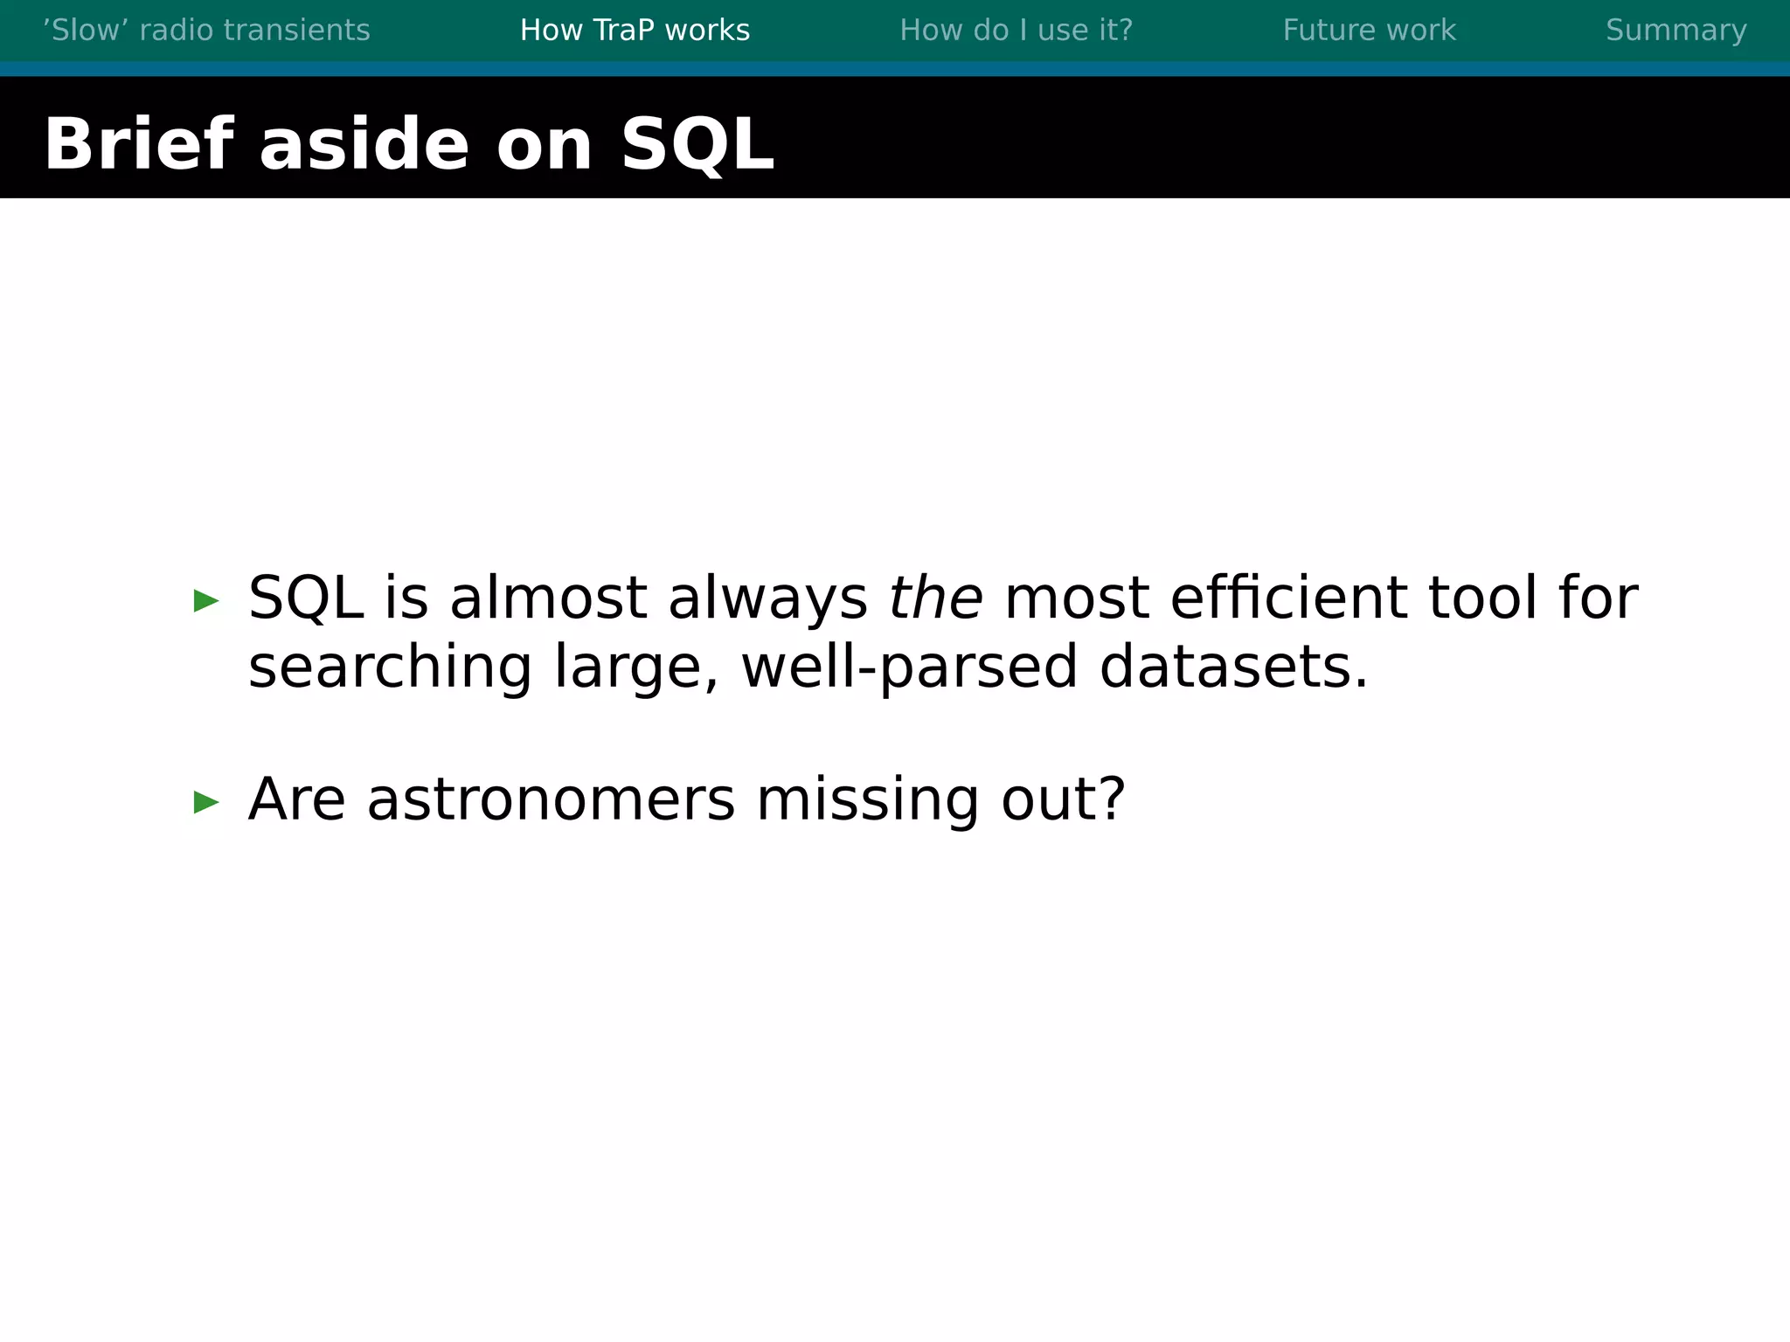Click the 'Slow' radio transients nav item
tap(206, 31)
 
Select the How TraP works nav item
tap(635, 31)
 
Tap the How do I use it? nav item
tap(1016, 31)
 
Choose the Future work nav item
tap(1369, 31)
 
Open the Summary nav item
tap(1676, 31)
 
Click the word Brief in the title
tap(138, 144)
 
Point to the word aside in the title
tap(364, 144)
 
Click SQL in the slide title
tap(697, 144)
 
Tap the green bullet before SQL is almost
tap(206, 601)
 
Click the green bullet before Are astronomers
tap(206, 801)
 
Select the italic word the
tap(935, 598)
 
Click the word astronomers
tap(551, 799)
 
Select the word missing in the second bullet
tap(867, 799)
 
